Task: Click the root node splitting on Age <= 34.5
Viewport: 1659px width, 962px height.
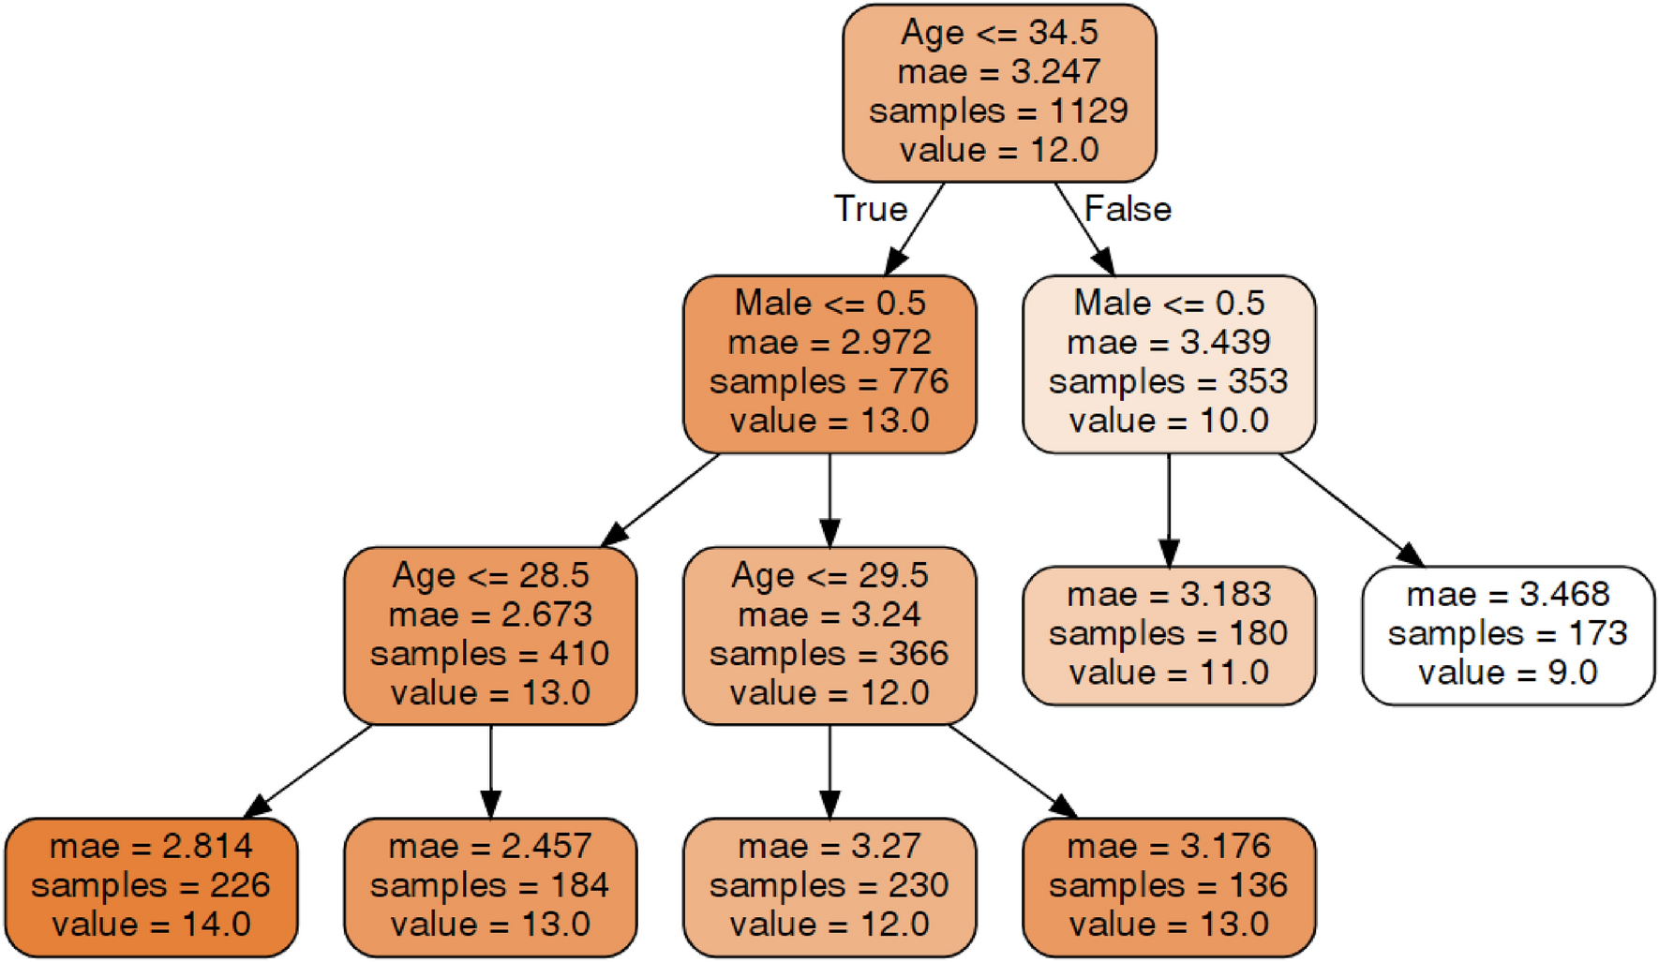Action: (x=999, y=92)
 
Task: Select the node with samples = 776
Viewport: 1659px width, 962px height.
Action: (x=829, y=363)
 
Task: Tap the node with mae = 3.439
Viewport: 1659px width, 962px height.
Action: (x=1169, y=363)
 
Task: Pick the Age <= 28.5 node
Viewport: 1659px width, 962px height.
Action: (x=490, y=635)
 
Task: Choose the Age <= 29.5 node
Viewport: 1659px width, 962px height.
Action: (x=829, y=635)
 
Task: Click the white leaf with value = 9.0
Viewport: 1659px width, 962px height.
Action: (x=1507, y=635)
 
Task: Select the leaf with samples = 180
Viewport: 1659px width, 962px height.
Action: (x=1169, y=635)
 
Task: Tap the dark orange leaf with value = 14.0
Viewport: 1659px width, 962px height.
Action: (x=151, y=886)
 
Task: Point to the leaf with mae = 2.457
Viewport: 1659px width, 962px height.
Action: (x=490, y=886)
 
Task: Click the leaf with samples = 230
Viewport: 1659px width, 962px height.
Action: (x=829, y=886)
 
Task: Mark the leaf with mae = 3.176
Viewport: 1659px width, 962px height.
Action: (x=1169, y=886)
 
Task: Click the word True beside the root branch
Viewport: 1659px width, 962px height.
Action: (x=871, y=209)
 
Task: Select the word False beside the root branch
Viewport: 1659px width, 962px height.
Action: (x=1128, y=209)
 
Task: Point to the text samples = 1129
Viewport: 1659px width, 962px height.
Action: (x=999, y=111)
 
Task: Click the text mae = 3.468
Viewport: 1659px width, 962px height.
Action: (x=1507, y=595)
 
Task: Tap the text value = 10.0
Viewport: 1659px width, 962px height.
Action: (x=1169, y=421)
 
